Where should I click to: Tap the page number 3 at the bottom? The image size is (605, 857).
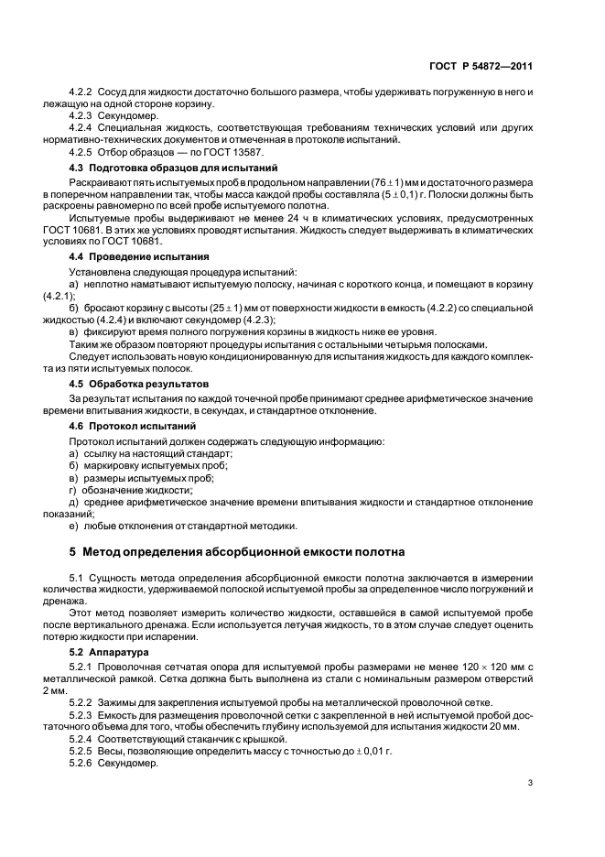coord(531,782)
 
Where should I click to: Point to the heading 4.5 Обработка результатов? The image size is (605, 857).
coord(139,383)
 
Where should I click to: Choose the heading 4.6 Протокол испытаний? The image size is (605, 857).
coord(133,427)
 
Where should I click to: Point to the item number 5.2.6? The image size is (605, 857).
coord(84,763)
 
